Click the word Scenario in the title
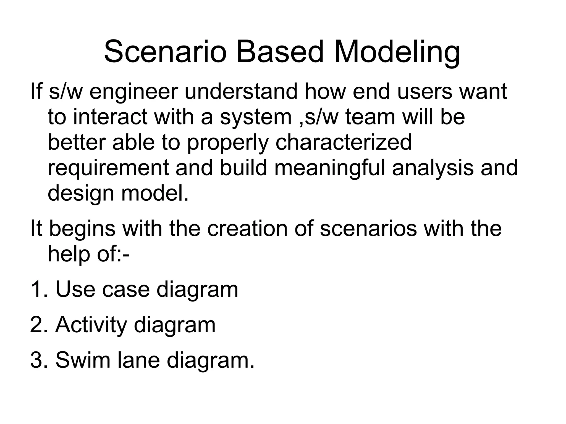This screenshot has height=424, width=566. click(165, 52)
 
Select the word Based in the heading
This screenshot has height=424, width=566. click(279, 52)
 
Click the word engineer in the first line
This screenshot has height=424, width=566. click(133, 92)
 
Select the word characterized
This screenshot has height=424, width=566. click(344, 143)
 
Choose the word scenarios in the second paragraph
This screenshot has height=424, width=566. click(368, 229)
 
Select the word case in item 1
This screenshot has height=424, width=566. click(126, 290)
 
